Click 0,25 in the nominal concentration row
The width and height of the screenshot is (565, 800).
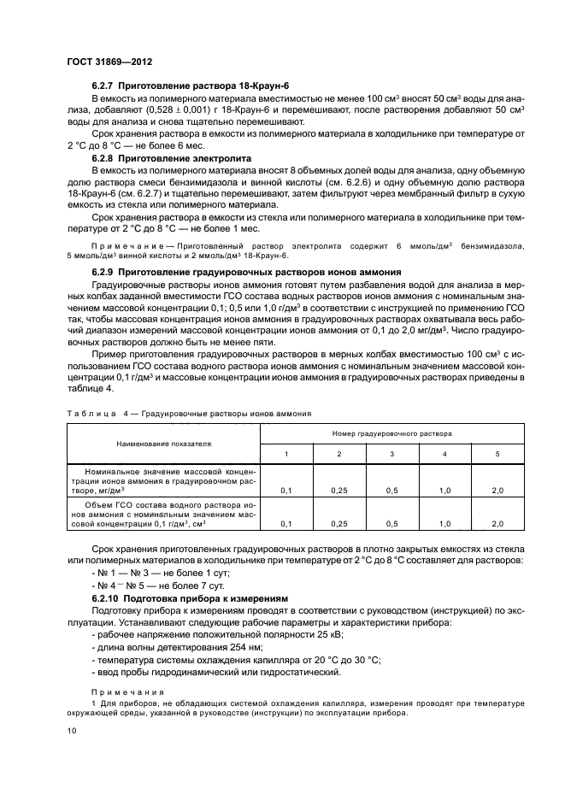click(x=339, y=491)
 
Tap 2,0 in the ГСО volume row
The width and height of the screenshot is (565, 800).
click(x=498, y=523)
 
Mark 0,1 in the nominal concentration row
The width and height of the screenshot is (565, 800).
click(x=286, y=491)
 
